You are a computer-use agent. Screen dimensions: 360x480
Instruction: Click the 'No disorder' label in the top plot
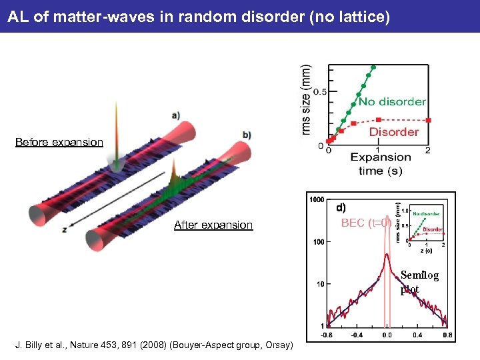click(x=392, y=102)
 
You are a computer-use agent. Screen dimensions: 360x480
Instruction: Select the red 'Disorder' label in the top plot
click(x=393, y=132)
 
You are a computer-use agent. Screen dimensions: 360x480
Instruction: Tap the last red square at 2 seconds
click(x=428, y=121)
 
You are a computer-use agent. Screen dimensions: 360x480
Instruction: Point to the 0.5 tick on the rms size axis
click(x=321, y=92)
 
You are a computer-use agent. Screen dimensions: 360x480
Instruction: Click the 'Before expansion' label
click(x=59, y=142)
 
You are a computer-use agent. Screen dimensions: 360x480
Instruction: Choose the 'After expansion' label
click(x=213, y=225)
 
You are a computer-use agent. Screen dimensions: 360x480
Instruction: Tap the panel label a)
click(x=175, y=115)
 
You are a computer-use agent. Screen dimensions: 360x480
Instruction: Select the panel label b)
click(x=247, y=135)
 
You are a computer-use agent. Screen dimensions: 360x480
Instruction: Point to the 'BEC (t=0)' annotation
click(x=365, y=223)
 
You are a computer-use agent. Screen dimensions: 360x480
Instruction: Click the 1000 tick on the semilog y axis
click(x=316, y=199)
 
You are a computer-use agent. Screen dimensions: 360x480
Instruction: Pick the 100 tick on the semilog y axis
click(x=317, y=241)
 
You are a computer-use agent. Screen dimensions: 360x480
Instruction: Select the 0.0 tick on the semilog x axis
click(x=387, y=335)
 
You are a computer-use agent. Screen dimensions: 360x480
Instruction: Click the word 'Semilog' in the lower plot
click(x=419, y=276)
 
